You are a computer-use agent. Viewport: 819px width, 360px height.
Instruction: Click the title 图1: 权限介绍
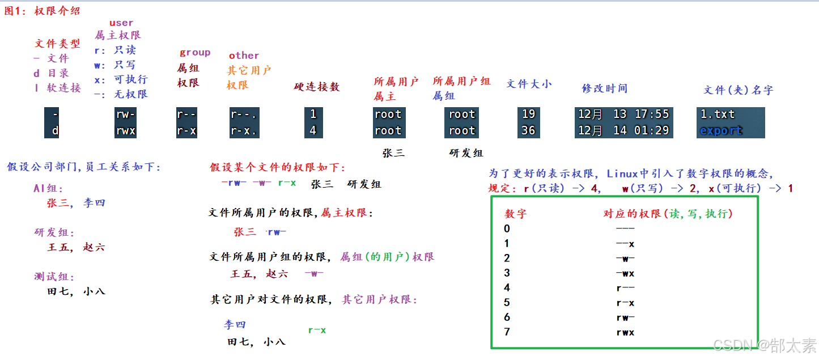point(43,11)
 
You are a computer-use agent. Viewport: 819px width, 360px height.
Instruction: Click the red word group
point(194,53)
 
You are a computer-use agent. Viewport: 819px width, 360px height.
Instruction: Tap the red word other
point(244,56)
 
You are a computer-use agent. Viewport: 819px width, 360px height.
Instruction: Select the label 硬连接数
point(316,87)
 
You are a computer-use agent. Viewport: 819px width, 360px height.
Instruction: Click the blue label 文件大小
point(528,84)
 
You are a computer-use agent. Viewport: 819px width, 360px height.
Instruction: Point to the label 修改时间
point(604,88)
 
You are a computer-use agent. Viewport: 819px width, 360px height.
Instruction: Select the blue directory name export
point(720,130)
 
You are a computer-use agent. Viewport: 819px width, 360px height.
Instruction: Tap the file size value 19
point(528,114)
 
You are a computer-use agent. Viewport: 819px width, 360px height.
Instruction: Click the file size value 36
point(528,130)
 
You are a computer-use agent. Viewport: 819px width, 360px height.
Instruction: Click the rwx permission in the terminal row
point(125,130)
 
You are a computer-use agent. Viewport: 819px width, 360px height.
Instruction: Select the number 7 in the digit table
point(507,332)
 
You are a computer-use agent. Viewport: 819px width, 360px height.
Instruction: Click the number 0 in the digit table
point(507,229)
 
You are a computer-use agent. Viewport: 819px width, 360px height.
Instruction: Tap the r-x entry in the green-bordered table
point(625,303)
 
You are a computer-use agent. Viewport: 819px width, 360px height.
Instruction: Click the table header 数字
point(515,214)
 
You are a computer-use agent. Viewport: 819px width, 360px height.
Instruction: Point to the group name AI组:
point(48,189)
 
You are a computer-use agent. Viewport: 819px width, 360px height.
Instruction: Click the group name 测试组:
point(54,277)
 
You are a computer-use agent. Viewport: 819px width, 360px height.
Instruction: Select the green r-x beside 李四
point(317,330)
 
